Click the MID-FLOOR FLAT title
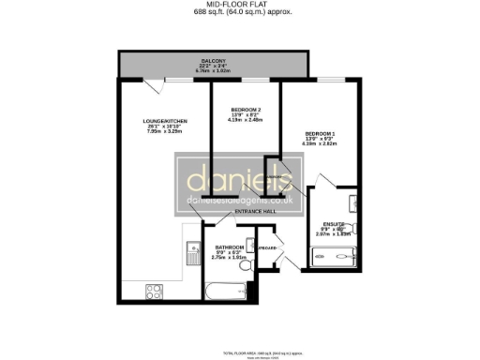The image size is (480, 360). pyautogui.click(x=239, y=5)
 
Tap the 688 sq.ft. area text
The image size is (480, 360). pyautogui.click(x=239, y=13)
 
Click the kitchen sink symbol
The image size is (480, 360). pyautogui.click(x=190, y=251)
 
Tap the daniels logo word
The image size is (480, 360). pyautogui.click(x=239, y=178)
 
